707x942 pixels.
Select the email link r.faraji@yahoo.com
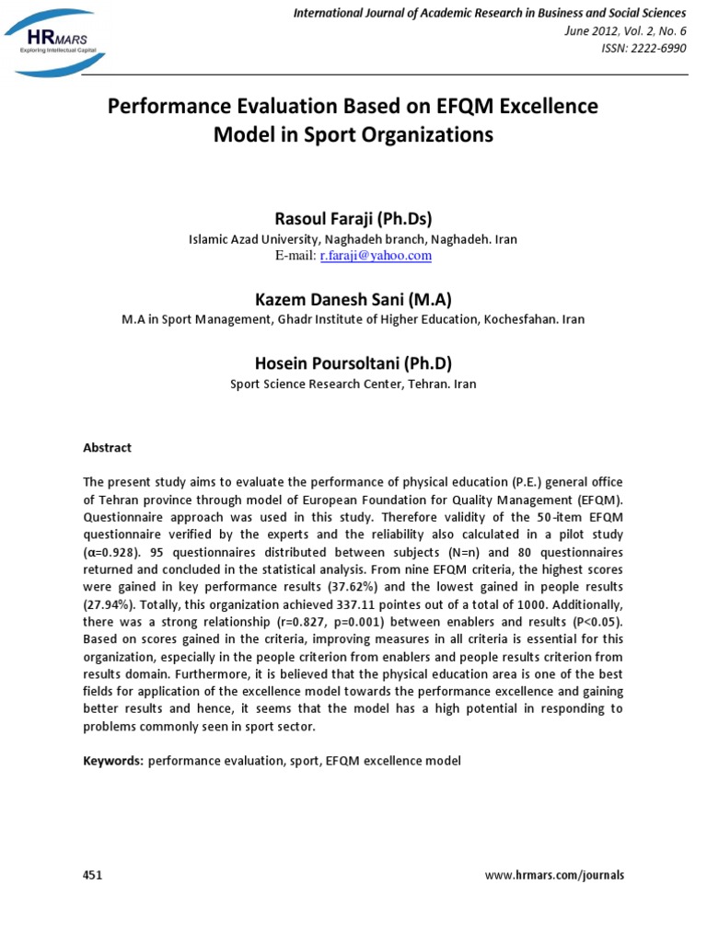click(376, 256)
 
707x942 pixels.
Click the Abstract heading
click(108, 448)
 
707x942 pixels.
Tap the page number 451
click(93, 875)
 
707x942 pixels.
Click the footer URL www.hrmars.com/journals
click(554, 875)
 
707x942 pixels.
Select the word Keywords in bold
click(113, 761)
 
